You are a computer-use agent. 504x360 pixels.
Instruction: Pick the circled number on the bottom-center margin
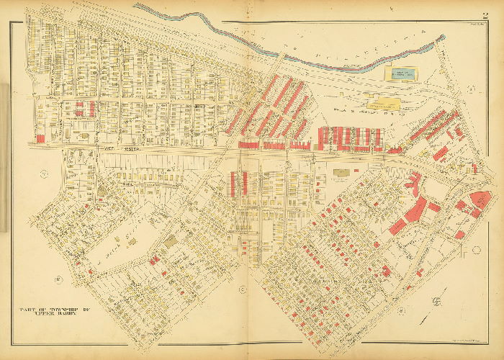click(x=243, y=289)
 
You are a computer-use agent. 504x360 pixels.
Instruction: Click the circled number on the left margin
click(x=43, y=174)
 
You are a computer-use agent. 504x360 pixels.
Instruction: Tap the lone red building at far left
click(x=40, y=138)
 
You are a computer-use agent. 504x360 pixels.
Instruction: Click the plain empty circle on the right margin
click(x=476, y=250)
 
